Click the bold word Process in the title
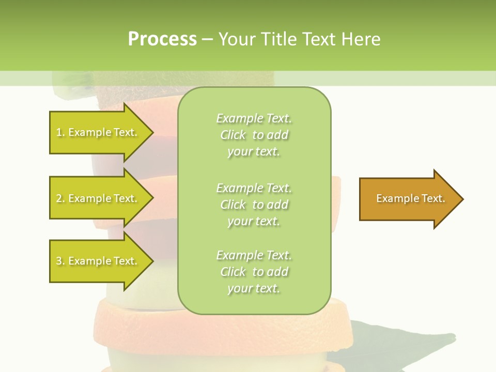click(162, 39)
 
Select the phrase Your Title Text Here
click(299, 39)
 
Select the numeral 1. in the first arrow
click(60, 132)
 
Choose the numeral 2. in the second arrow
click(60, 198)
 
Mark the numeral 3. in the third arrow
click(60, 261)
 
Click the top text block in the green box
click(254, 135)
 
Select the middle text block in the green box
click(254, 205)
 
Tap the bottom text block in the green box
click(254, 272)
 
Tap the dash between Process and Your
click(207, 40)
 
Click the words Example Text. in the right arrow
click(411, 198)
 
